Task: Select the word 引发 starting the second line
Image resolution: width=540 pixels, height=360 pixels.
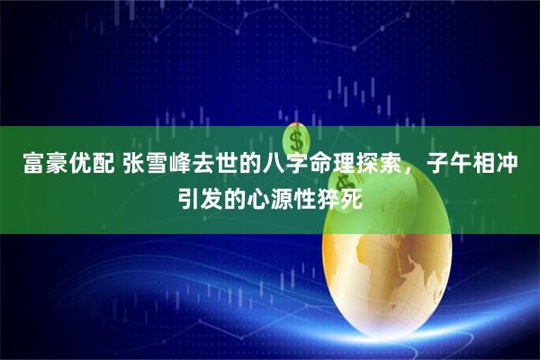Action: click(193, 195)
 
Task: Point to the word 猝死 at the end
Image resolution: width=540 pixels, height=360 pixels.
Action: click(346, 195)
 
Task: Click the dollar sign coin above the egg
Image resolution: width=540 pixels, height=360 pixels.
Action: click(296, 139)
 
